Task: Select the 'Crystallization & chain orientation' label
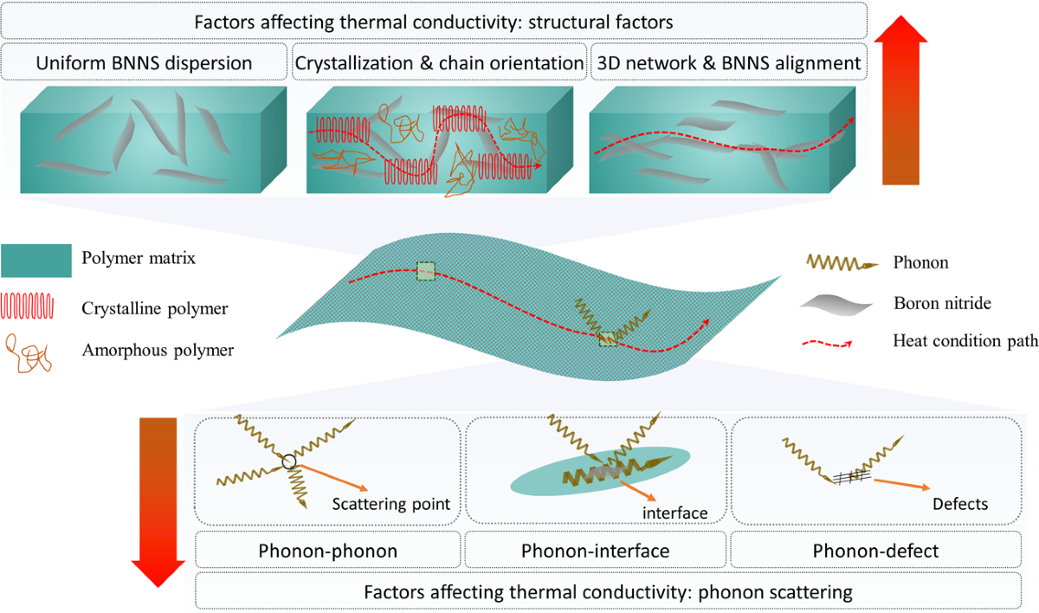440,62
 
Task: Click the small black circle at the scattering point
289,463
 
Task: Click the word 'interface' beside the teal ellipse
674,513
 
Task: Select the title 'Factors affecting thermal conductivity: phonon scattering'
609,593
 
